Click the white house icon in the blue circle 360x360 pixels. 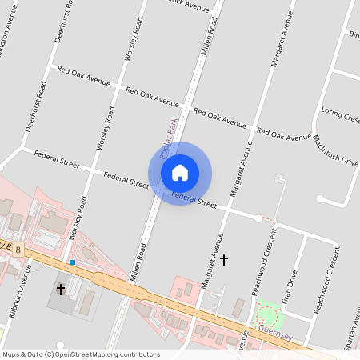tap(180, 173)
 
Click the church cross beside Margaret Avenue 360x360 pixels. tap(224, 260)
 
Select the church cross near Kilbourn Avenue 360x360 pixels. tap(61, 288)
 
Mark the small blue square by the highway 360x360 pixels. tap(72, 262)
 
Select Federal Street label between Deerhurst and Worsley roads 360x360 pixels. tap(57, 163)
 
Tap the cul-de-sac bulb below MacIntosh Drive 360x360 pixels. tap(320, 198)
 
